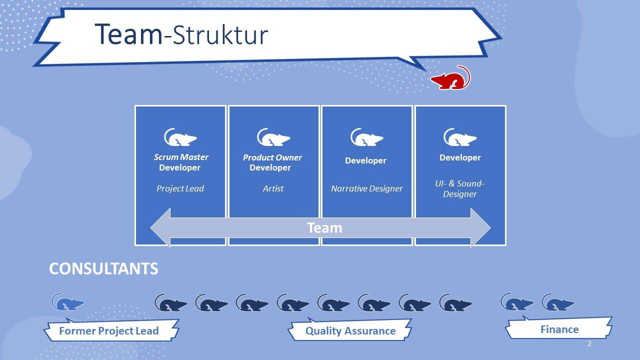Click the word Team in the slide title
click(x=128, y=34)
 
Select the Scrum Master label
click(x=181, y=157)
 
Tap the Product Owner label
click(x=272, y=157)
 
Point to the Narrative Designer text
click(x=366, y=188)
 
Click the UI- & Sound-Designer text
click(x=460, y=188)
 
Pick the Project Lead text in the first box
click(x=180, y=188)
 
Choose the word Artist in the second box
click(x=273, y=188)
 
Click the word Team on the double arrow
click(x=324, y=228)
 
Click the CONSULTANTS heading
click(x=103, y=269)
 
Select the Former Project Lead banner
click(x=109, y=331)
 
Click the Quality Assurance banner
click(x=350, y=331)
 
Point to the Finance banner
click(x=559, y=329)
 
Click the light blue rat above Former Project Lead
click(x=68, y=302)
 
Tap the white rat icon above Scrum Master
click(x=180, y=137)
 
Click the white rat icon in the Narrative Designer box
click(x=366, y=137)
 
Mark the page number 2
click(x=589, y=344)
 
